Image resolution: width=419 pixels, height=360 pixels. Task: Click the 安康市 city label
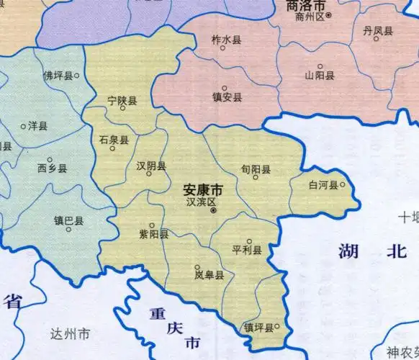point(203,190)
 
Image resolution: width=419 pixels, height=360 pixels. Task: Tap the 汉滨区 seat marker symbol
point(213,211)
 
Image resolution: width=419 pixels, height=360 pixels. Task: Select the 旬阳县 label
point(256,169)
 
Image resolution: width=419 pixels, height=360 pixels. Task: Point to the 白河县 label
point(323,185)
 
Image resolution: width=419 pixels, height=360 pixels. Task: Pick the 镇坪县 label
point(258,328)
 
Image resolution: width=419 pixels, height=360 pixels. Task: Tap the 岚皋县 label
point(209,275)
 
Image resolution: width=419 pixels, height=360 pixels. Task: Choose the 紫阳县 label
point(154,234)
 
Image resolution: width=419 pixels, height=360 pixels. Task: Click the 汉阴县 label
point(151,166)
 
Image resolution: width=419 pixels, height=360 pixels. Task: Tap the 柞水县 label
point(226,39)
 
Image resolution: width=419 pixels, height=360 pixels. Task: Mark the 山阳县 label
point(319,75)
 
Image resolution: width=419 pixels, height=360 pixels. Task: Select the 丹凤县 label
point(378,30)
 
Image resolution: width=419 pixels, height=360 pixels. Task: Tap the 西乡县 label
point(52,168)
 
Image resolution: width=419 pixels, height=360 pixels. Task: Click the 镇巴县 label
point(68,220)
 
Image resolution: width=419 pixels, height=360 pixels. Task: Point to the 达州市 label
point(71,334)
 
